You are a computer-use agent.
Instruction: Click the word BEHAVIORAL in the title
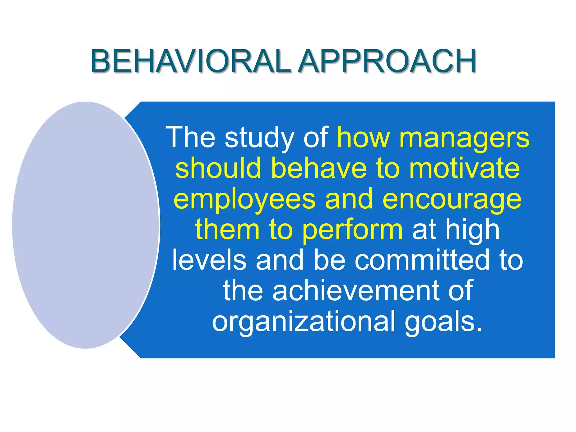pos(190,61)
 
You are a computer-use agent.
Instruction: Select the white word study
pos(259,138)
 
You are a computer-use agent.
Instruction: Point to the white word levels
pos(209,260)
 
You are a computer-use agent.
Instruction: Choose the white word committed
pos(422,260)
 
